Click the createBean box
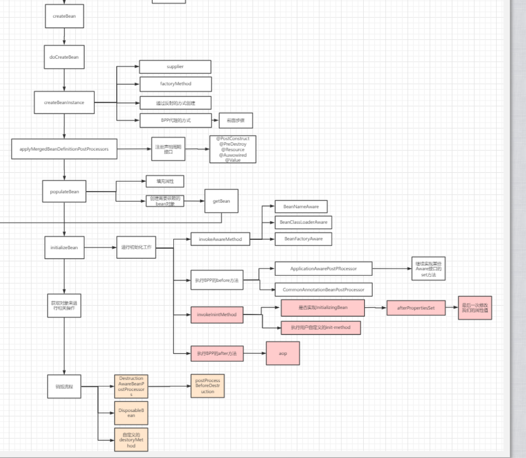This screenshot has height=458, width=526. [x=64, y=16]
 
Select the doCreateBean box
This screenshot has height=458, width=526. [x=64, y=57]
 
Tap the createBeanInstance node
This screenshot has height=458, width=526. [x=64, y=103]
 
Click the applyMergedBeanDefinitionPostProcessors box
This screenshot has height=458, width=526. [x=64, y=149]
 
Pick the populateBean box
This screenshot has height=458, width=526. [x=64, y=192]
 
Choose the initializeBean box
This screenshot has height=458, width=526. [x=64, y=247]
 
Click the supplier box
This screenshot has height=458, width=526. [x=175, y=67]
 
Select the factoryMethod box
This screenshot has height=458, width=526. [x=175, y=84]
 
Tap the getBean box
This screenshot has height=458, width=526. [x=221, y=201]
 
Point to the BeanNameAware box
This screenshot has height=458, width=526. [x=301, y=207]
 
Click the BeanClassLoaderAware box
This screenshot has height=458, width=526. [x=303, y=222]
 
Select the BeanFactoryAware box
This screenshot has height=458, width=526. [x=303, y=239]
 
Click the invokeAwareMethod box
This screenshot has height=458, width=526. [x=220, y=239]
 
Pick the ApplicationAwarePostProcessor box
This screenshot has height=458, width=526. [x=323, y=269]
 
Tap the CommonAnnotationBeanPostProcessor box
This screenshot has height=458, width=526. [x=323, y=289]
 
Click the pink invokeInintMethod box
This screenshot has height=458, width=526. [x=216, y=315]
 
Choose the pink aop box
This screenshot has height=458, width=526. [x=283, y=354]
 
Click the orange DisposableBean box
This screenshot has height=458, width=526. [x=131, y=413]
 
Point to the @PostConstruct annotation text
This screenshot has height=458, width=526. [x=232, y=139]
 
